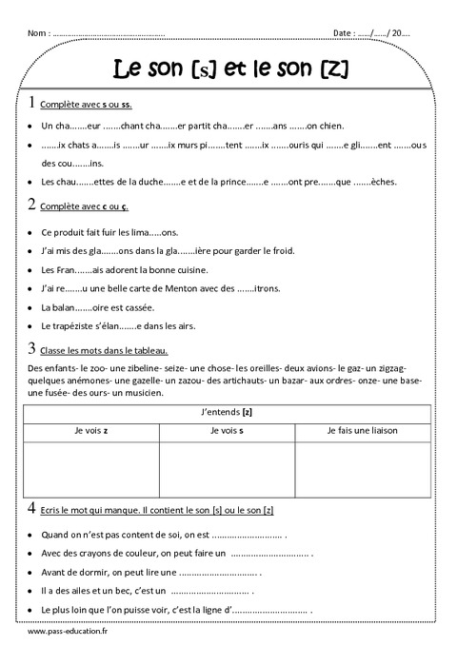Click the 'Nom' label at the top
click(x=39, y=33)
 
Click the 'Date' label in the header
click(x=344, y=33)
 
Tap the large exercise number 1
click(x=33, y=101)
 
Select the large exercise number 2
click(x=33, y=203)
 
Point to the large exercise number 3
click(x=33, y=347)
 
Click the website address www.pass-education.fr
click(x=68, y=630)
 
